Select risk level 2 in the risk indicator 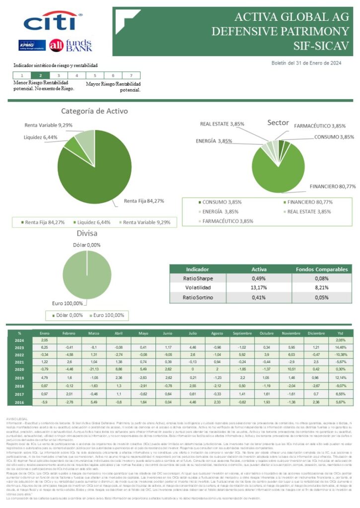(x=40, y=75)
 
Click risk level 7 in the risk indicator (x=131, y=75)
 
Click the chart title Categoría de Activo (x=94, y=111)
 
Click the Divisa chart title (x=87, y=233)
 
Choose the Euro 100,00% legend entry (x=108, y=316)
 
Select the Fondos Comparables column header (x=321, y=269)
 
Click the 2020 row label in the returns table (x=19, y=370)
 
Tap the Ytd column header (x=340, y=333)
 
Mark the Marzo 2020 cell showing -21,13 (x=93, y=370)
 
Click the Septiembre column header (x=242, y=333)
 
